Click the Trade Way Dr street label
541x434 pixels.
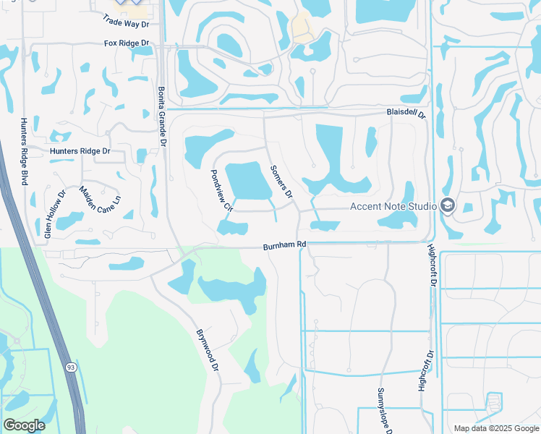pyautogui.click(x=125, y=22)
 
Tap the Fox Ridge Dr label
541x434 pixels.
pyautogui.click(x=127, y=43)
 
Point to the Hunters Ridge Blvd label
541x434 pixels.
pyautogui.click(x=24, y=151)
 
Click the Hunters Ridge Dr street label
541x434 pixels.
pyautogui.click(x=80, y=151)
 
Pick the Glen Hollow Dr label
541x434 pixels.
pyautogui.click(x=54, y=214)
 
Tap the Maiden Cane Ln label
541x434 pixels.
pyautogui.click(x=100, y=203)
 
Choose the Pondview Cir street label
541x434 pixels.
pyautogui.click(x=222, y=190)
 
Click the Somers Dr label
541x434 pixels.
pyautogui.click(x=281, y=182)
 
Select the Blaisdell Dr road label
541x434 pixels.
pyautogui.click(x=406, y=113)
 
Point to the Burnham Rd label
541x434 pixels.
pyautogui.click(x=284, y=245)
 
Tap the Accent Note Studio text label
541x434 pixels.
pyautogui.click(x=393, y=206)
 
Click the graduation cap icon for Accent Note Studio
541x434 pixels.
pyautogui.click(x=448, y=206)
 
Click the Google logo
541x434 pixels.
pyautogui.click(x=25, y=425)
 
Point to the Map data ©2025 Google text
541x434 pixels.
pyautogui.click(x=495, y=428)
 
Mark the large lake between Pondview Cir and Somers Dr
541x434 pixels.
pyautogui.click(x=248, y=182)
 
